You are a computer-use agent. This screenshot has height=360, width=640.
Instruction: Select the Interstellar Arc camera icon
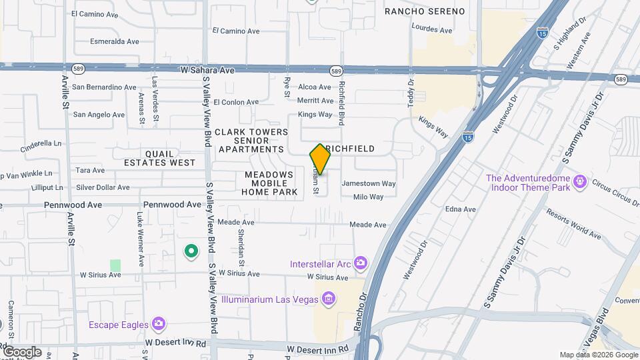tap(360, 263)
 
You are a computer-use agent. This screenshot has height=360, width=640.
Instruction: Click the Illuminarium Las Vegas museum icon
tap(327, 298)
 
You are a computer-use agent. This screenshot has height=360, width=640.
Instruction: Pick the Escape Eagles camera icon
tap(158, 324)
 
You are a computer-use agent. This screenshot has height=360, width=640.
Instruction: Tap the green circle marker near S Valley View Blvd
tap(191, 251)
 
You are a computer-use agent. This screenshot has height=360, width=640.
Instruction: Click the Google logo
tap(21, 351)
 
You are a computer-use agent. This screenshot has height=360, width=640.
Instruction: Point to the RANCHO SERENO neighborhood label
tap(425, 11)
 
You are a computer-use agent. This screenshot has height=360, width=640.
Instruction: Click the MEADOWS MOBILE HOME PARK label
tap(269, 183)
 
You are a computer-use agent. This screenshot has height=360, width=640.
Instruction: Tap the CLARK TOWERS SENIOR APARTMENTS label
tap(251, 141)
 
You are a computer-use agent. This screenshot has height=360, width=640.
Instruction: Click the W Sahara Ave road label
tap(207, 69)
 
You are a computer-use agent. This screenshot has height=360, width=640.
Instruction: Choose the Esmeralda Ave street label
tap(114, 41)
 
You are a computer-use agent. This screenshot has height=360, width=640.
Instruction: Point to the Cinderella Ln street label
tap(41, 143)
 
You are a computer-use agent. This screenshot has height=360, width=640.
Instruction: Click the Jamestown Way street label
tap(369, 183)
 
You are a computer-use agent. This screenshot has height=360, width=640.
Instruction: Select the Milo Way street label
tap(368, 197)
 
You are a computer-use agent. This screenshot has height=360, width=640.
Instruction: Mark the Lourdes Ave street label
tap(432, 30)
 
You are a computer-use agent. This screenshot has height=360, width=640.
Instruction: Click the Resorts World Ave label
tap(573, 223)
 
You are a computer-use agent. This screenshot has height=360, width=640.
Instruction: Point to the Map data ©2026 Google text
tap(597, 355)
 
